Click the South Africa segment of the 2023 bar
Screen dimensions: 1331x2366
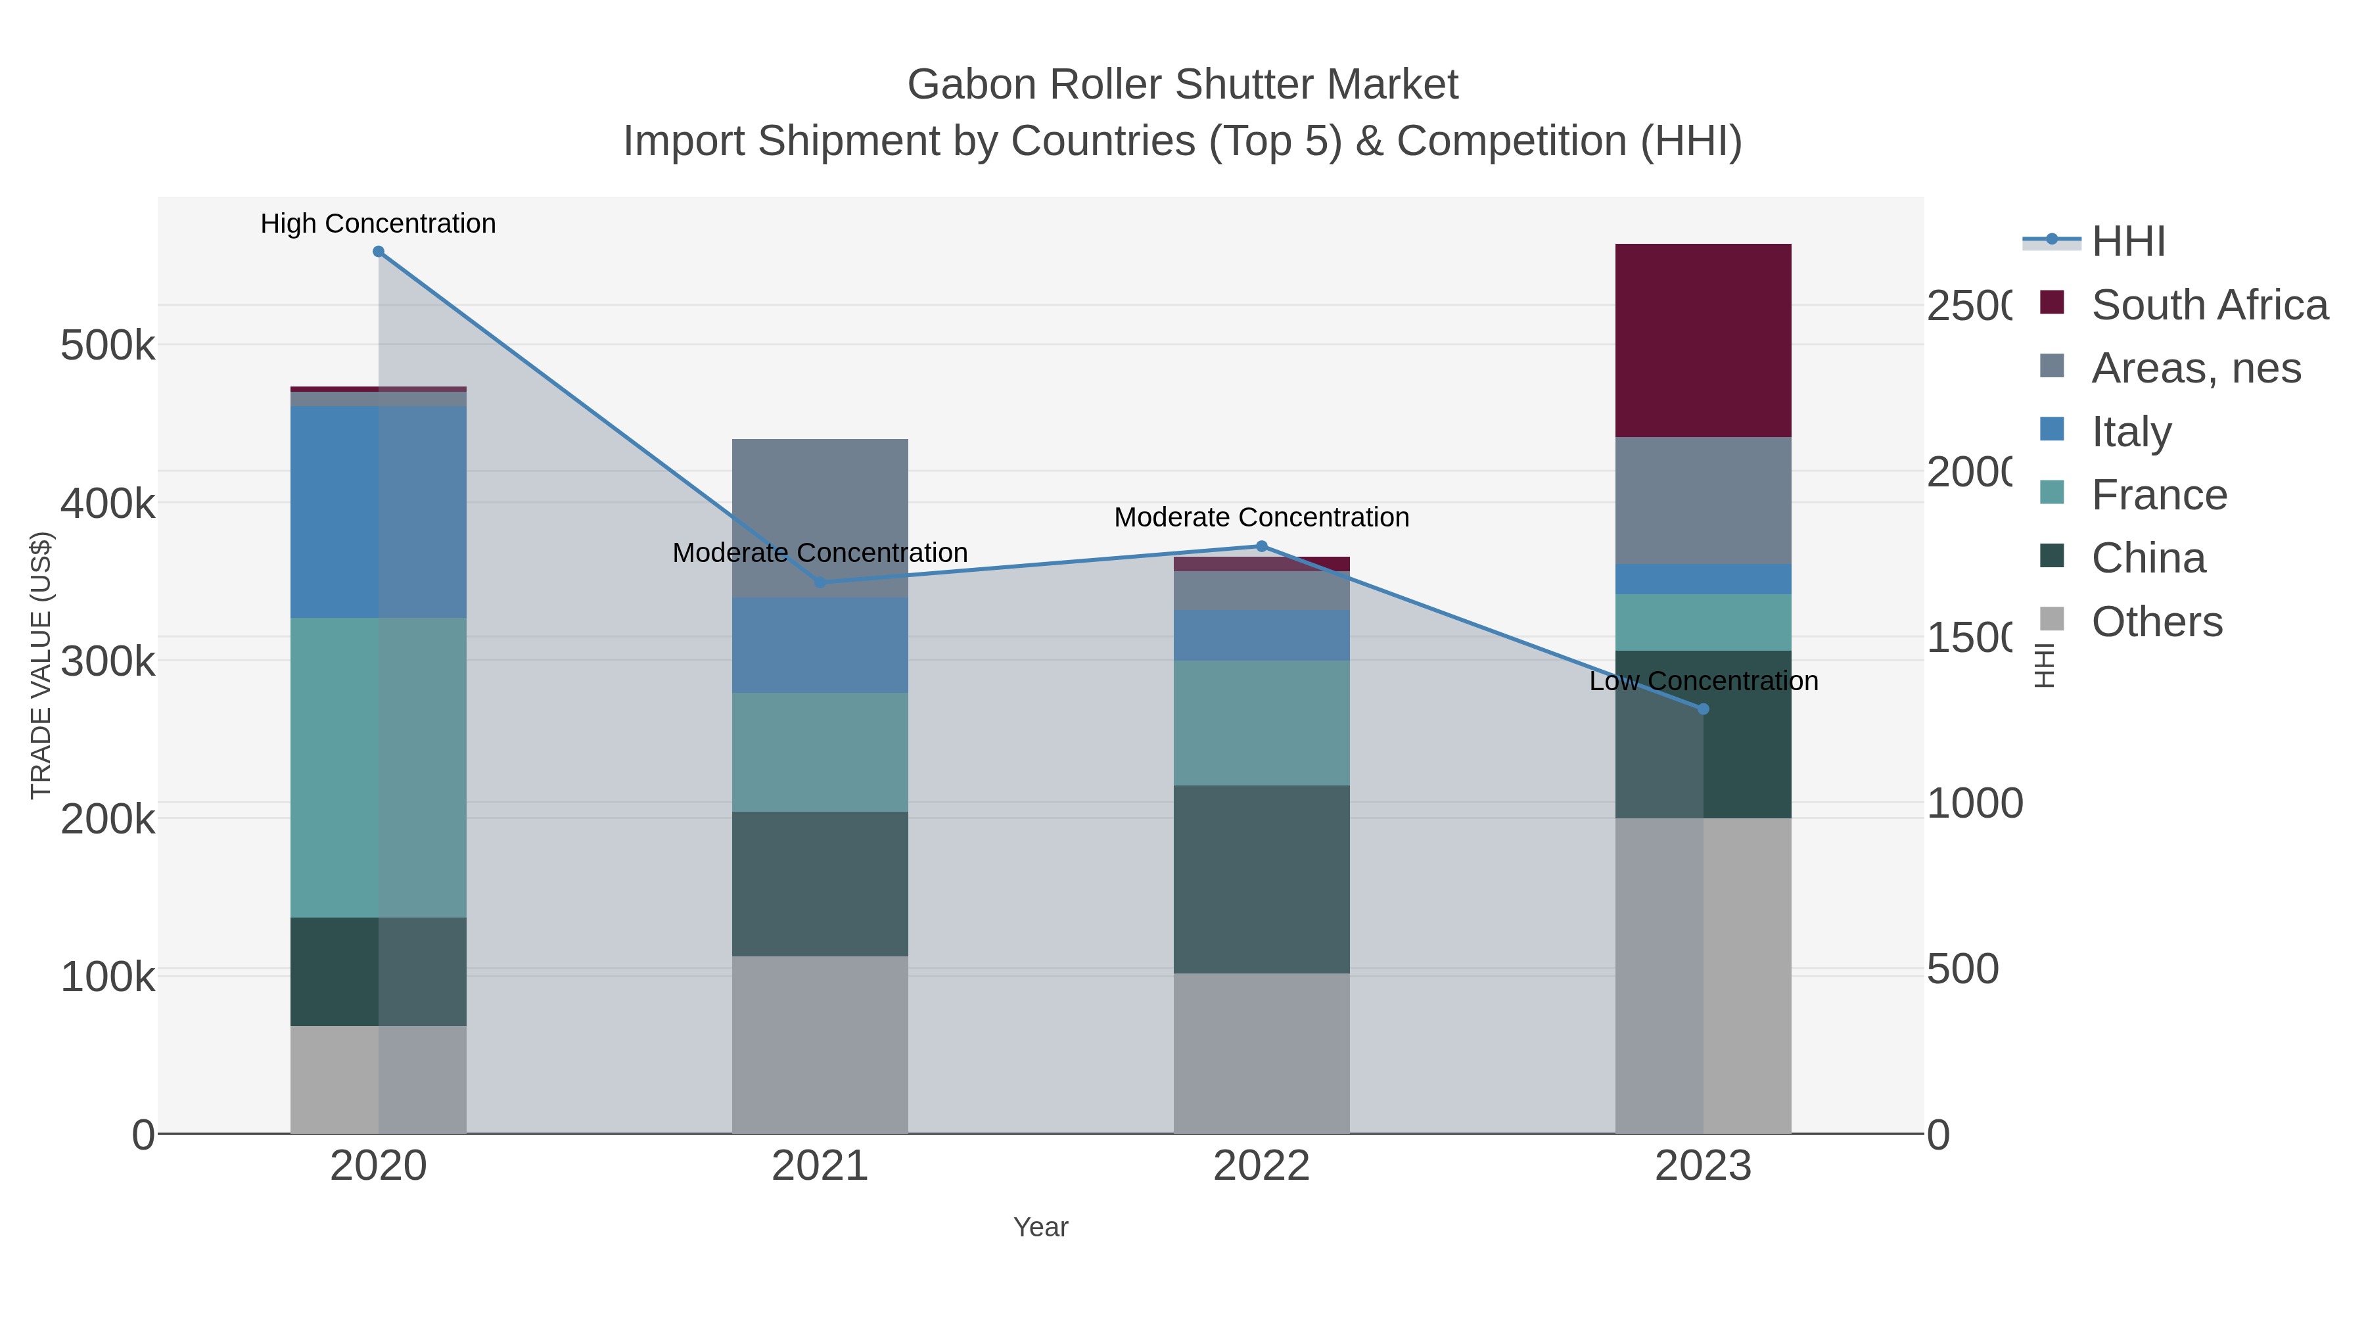point(1702,340)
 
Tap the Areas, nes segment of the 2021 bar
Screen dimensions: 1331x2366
point(820,517)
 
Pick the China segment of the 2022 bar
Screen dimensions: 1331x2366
point(1261,878)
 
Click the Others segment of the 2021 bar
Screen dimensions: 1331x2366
point(820,1044)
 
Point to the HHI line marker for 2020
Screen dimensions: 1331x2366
point(379,252)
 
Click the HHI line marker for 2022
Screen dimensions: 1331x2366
point(1261,547)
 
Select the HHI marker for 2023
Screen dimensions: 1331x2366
point(1703,709)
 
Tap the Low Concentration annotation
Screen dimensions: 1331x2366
point(1703,682)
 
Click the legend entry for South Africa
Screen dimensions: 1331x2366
point(2209,305)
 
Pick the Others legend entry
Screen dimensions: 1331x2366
point(2156,622)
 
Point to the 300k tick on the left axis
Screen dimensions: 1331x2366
point(108,661)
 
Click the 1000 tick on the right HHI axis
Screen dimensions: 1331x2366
point(1974,804)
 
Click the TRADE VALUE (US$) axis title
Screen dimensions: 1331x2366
point(41,665)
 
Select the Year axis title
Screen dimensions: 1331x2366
point(1040,1227)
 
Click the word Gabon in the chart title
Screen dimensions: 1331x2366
point(971,85)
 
